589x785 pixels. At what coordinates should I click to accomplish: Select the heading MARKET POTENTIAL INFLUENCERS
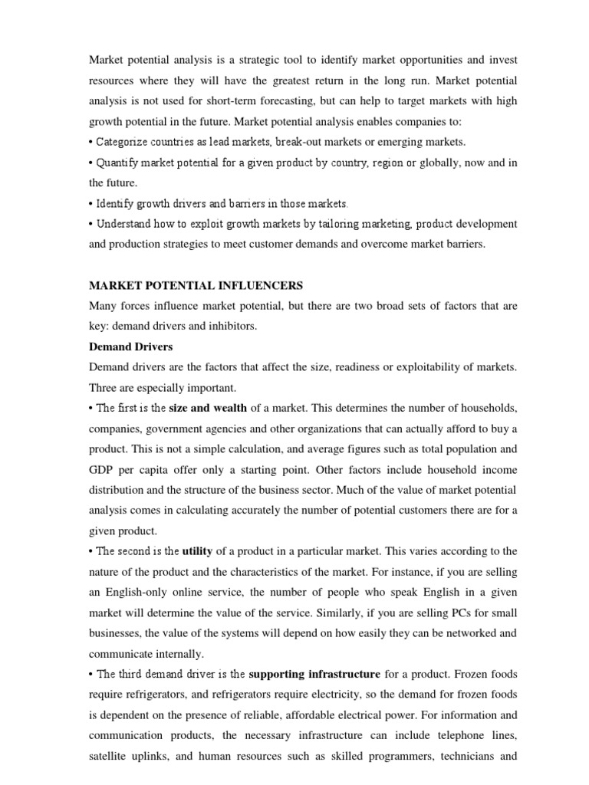click(x=196, y=286)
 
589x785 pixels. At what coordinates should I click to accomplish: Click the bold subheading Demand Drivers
click(x=131, y=347)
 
